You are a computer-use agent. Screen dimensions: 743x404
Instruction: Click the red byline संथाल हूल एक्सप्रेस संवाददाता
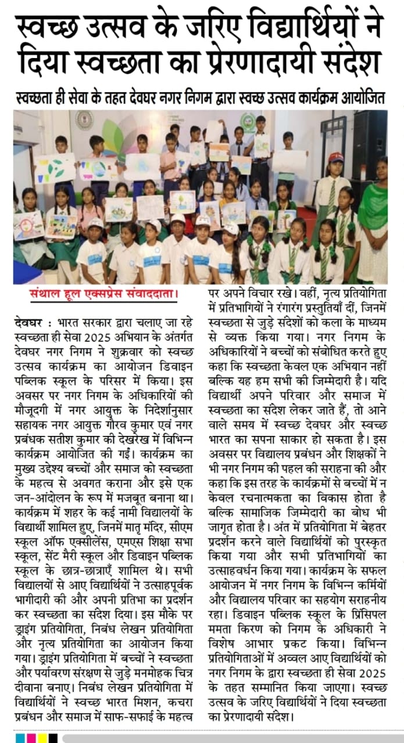click(103, 294)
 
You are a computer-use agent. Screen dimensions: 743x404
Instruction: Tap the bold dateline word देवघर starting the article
click(27, 320)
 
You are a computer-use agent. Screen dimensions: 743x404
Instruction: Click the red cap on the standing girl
click(336, 157)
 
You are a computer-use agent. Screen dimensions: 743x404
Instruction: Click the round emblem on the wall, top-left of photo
click(84, 120)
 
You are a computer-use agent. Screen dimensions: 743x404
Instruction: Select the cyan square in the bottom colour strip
click(21, 737)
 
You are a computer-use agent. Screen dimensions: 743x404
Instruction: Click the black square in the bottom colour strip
click(52, 737)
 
